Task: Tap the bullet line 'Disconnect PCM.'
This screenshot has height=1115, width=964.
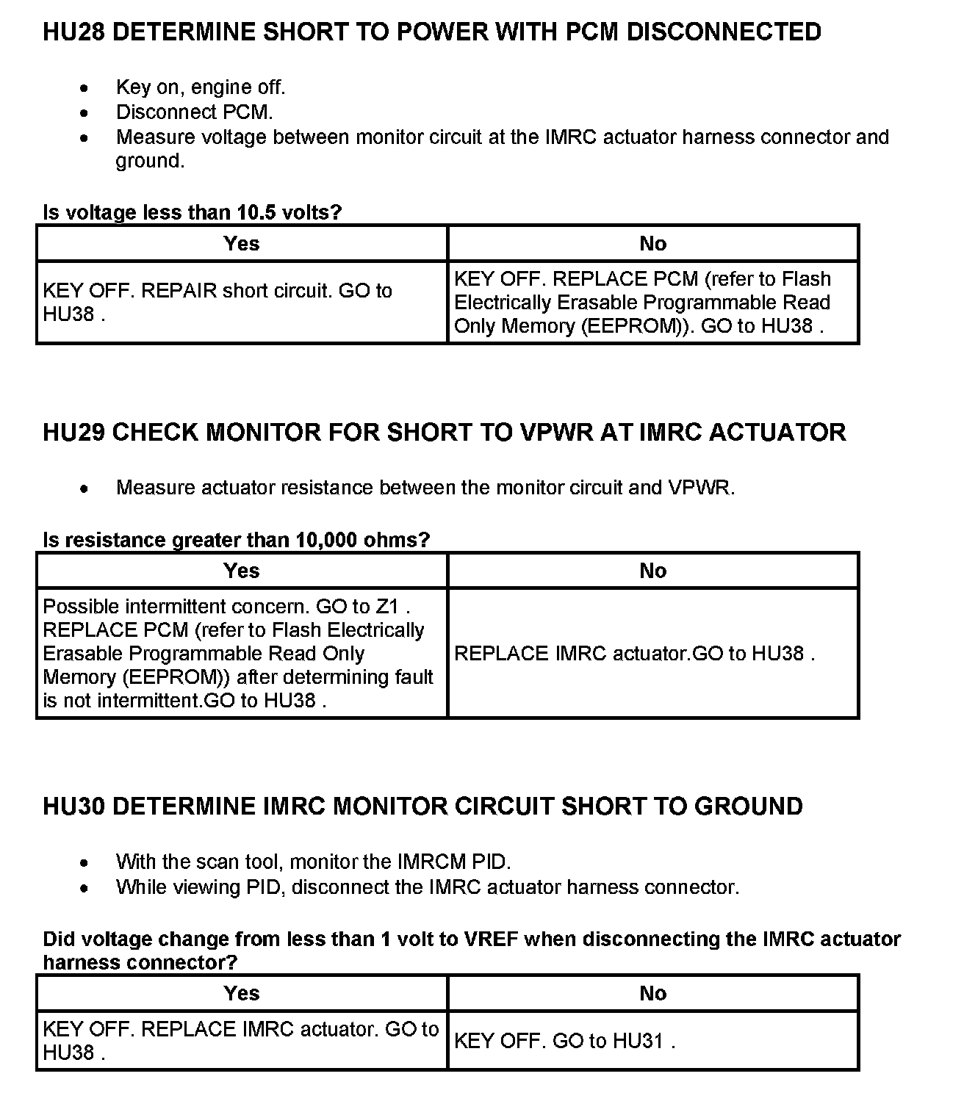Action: pyautogui.click(x=194, y=112)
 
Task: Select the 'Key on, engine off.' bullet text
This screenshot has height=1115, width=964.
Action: pyautogui.click(x=201, y=87)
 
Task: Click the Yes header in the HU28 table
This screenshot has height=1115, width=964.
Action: pyautogui.click(x=241, y=244)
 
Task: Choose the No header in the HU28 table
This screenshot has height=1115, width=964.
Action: pyautogui.click(x=652, y=244)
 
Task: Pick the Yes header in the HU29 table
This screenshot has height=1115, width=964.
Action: pyautogui.click(x=241, y=571)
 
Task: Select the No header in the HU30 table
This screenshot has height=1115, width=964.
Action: pyautogui.click(x=652, y=994)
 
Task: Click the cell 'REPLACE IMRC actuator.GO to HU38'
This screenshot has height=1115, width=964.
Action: pyautogui.click(x=634, y=654)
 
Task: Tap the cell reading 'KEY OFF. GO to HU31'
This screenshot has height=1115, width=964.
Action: pyautogui.click(x=564, y=1041)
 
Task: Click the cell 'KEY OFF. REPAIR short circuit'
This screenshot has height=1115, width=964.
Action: pyautogui.click(x=217, y=302)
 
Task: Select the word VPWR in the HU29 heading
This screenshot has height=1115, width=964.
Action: pyautogui.click(x=556, y=432)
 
